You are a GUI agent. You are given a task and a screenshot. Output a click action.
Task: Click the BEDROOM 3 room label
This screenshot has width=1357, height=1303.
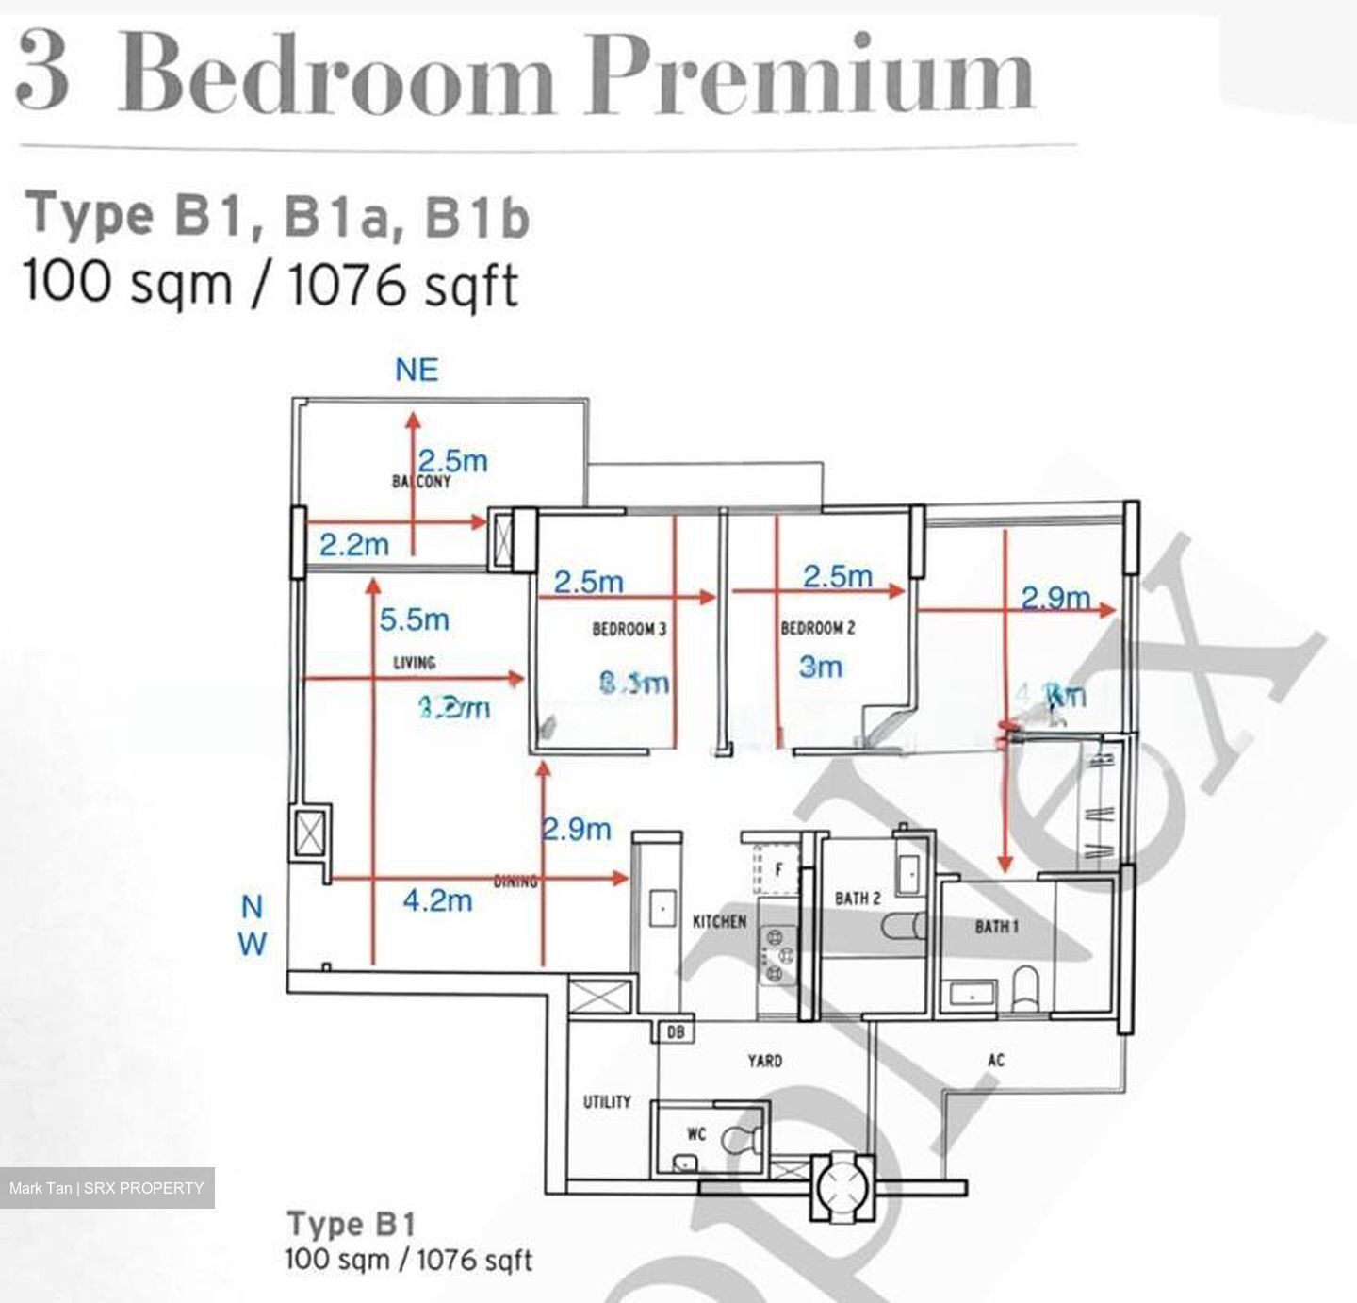coord(629,629)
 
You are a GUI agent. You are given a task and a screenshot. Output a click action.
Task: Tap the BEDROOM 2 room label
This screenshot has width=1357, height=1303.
coord(817,628)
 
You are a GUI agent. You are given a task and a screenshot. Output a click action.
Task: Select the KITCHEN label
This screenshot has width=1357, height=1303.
coord(719,921)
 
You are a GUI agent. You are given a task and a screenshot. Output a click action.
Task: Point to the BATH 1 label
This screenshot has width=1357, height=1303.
coord(996,927)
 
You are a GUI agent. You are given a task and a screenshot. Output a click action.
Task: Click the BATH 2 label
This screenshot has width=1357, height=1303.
coord(857,899)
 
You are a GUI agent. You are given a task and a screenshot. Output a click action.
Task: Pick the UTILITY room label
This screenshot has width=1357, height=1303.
coord(607,1101)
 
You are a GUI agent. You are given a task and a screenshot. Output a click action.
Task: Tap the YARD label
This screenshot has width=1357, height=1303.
coord(764,1061)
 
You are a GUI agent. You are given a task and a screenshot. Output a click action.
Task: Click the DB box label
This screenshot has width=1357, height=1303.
coord(675,1032)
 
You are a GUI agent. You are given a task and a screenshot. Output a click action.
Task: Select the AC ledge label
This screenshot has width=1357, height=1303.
coord(996,1061)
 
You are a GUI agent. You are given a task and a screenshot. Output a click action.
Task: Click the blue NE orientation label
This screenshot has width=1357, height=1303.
coord(417,370)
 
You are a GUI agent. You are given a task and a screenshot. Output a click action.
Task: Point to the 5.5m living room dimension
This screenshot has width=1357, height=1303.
coord(414,619)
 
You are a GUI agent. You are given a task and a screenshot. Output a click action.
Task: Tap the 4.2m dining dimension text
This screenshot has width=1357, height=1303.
coord(437,900)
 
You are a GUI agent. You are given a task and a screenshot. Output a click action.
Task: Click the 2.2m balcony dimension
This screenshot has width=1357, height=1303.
coord(353,544)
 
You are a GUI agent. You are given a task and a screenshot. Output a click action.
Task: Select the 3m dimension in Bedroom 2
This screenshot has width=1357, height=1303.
coord(820,668)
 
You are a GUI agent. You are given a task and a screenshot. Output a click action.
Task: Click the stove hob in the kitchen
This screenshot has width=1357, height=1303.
coord(777,954)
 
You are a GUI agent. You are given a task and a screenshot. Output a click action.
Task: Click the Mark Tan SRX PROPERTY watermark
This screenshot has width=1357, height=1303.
coord(106,1188)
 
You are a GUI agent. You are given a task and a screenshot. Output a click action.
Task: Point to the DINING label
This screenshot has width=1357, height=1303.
coord(515,882)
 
